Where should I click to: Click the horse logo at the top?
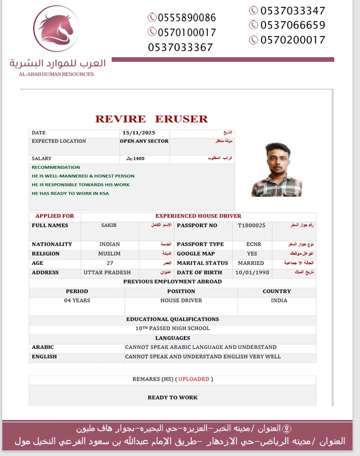coord(56,28)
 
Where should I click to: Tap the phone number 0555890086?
coord(181,18)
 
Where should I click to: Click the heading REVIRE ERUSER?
coord(152,119)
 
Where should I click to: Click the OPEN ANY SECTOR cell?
coord(144,141)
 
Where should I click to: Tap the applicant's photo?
coord(276,169)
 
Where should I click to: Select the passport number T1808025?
coord(252,225)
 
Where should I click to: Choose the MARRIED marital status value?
coord(251,263)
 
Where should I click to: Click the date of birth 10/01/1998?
coord(252,272)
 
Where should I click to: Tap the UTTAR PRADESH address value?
coord(107,272)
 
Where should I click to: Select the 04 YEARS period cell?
coord(77,300)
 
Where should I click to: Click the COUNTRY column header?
coord(276,291)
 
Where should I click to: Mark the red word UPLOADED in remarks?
coord(193,379)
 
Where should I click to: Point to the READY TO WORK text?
coord(172,397)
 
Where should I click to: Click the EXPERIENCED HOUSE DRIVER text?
coord(198,216)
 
